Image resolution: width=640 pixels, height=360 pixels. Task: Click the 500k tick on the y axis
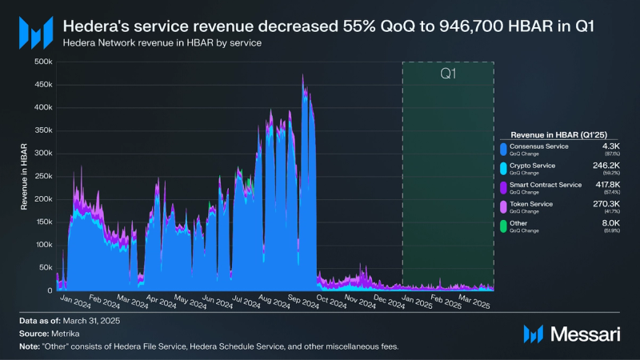click(43, 62)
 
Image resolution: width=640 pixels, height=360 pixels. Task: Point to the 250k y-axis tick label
click(43, 176)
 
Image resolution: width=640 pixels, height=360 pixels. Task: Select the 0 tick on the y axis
click(50, 290)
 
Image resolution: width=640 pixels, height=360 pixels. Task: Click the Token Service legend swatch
click(503, 207)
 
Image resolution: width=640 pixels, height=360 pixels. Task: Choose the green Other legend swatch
click(503, 227)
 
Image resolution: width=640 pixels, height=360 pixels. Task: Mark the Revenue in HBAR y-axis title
click(26, 176)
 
